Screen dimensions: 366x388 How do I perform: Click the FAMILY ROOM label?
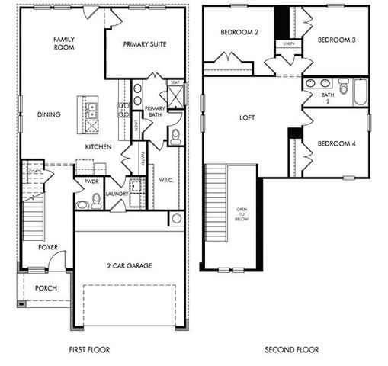point(63,43)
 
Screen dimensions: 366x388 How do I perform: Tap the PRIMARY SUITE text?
point(145,44)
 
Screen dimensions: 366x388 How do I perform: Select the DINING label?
point(49,114)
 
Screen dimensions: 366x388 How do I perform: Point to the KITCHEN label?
point(99,146)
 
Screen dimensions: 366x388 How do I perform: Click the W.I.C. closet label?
point(166,180)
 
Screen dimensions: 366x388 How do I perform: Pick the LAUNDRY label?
point(117,194)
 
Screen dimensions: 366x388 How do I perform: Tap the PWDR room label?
point(91,183)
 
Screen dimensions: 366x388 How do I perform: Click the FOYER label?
point(49,247)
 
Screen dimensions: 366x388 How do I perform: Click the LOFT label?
point(247,118)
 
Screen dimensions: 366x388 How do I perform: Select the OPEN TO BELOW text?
point(242,215)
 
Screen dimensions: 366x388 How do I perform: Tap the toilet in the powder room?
point(96,201)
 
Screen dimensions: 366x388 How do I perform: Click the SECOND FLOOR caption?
point(291,350)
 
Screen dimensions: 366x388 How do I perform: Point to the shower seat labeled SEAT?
point(174,82)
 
